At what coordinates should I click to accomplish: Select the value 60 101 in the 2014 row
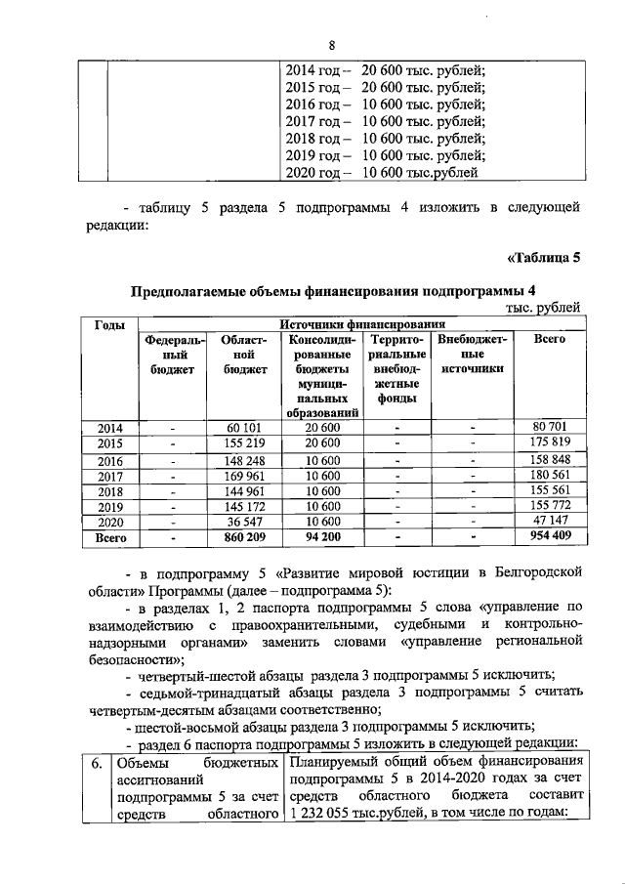point(245,427)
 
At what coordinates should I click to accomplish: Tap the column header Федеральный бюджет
point(172,354)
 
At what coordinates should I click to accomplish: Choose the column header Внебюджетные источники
point(473,354)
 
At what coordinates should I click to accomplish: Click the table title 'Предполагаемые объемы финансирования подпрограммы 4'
point(334,290)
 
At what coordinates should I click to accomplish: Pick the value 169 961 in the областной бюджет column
point(245,476)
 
